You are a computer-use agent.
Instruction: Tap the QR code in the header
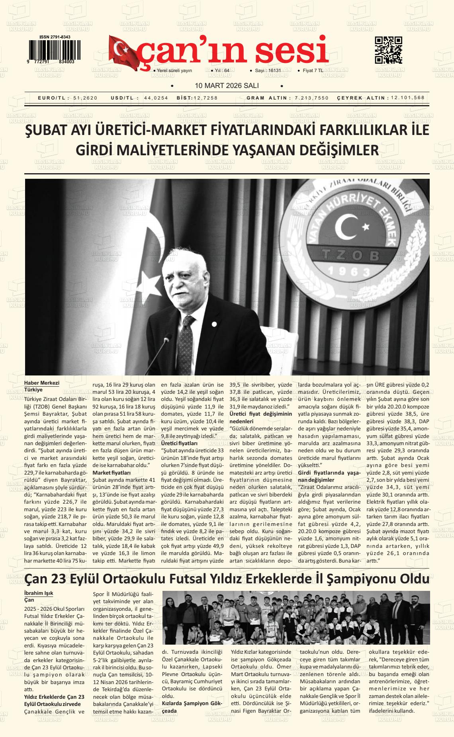tap(388, 50)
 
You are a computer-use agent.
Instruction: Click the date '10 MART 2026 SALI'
tap(227, 86)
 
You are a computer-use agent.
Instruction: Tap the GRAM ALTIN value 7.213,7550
tap(312, 98)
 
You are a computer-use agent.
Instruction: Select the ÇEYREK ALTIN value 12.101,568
tap(408, 98)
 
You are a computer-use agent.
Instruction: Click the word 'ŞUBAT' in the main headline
tap(48, 131)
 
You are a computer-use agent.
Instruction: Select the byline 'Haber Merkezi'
tap(42, 383)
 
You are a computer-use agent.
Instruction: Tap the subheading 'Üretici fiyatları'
tap(179, 443)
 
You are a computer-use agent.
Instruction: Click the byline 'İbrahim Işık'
tap(39, 593)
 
